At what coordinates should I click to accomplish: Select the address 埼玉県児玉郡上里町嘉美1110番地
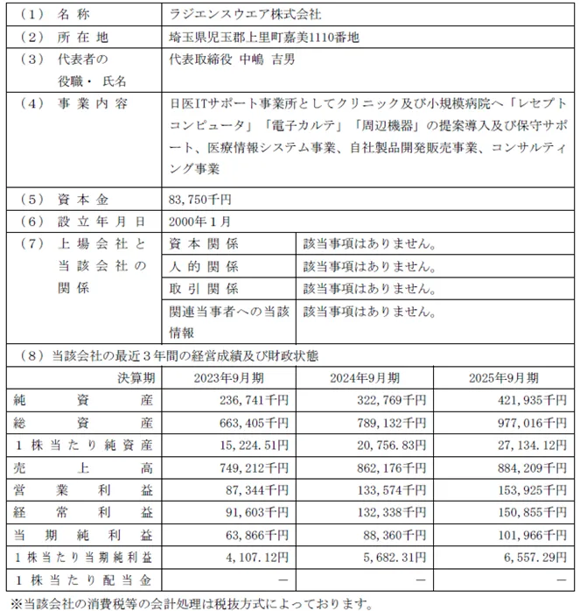click(x=263, y=38)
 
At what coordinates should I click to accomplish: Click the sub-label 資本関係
click(x=204, y=243)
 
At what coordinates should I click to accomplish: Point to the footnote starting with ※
click(x=189, y=603)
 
